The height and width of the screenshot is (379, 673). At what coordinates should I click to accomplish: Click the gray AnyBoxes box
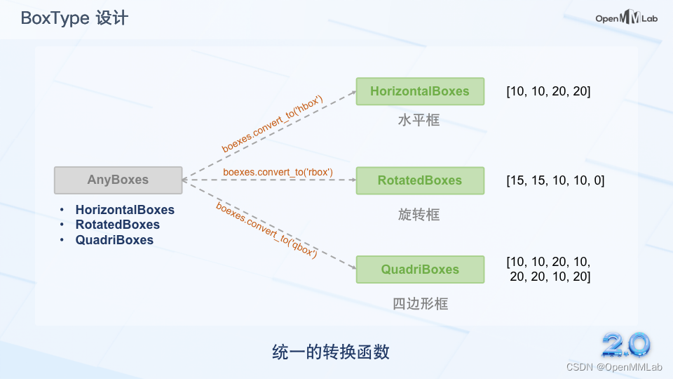point(118,180)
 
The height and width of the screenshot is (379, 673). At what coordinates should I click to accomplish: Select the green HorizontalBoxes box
point(420,91)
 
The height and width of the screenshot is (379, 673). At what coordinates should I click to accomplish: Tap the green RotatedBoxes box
point(420,180)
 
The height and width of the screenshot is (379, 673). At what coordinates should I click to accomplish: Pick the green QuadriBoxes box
point(420,270)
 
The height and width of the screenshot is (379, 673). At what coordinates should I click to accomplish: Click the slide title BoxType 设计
point(74,18)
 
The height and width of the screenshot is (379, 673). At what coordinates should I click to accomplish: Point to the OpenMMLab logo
point(626,19)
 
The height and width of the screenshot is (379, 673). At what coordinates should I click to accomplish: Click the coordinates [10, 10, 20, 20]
point(548,91)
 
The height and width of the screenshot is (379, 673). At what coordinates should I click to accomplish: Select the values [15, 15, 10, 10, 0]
point(555,180)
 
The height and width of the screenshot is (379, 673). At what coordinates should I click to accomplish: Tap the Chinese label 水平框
point(419,120)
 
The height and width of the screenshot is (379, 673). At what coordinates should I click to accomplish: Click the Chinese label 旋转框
point(419,215)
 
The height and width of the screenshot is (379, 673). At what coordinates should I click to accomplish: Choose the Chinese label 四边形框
point(420,304)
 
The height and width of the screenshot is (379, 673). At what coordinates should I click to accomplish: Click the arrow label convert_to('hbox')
point(273,124)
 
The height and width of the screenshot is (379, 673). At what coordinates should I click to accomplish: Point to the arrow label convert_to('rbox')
point(278,172)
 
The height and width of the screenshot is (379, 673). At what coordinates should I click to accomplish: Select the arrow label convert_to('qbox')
point(267,230)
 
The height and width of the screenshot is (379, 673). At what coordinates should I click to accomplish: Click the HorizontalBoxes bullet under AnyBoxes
point(125,210)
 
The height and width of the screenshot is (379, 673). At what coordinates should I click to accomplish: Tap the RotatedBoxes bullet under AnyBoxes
point(118,225)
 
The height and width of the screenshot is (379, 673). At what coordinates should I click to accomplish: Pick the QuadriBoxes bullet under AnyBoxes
point(114,240)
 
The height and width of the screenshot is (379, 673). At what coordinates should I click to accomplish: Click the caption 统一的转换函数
point(330,352)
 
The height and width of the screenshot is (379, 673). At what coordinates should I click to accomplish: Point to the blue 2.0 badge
point(626,344)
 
